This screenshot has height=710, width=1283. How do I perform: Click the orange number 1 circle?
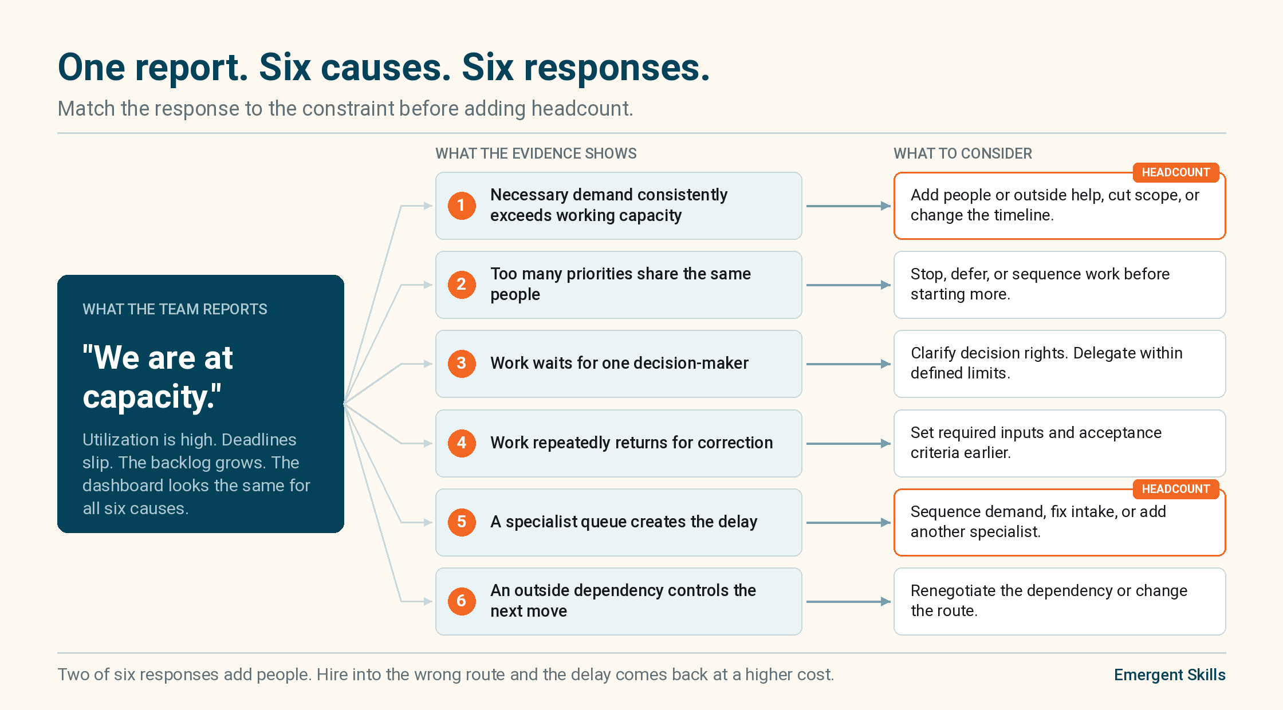(462, 206)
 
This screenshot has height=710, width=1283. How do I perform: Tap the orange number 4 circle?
(462, 443)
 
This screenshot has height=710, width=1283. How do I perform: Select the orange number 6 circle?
(462, 601)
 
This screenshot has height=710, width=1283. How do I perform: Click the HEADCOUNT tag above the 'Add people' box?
(1176, 172)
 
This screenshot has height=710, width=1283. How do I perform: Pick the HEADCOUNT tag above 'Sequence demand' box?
(1176, 489)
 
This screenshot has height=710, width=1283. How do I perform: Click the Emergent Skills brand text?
(1170, 674)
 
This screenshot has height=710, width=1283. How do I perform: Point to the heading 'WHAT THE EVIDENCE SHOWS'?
(536, 153)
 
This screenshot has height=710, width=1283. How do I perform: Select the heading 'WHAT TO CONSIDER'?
(963, 153)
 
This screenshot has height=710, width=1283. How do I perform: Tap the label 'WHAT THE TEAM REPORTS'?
(175, 309)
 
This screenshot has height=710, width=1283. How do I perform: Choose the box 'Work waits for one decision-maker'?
(619, 364)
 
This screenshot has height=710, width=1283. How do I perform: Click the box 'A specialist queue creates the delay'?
(619, 522)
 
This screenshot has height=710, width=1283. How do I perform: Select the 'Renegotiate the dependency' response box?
(1060, 601)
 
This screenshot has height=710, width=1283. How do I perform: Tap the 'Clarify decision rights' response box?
(1060, 364)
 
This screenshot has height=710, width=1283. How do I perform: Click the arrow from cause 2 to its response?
(848, 285)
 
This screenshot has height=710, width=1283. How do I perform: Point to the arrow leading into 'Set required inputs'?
(848, 443)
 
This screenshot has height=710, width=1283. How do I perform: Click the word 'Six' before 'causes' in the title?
(285, 68)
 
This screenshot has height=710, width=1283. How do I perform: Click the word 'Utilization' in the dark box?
(120, 439)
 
